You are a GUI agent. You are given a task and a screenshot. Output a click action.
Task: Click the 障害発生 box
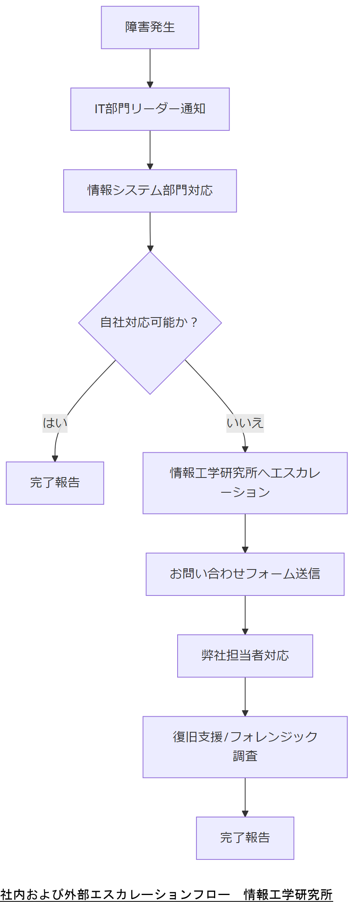click(150, 28)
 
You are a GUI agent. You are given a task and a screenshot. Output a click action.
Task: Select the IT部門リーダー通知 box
click(150, 109)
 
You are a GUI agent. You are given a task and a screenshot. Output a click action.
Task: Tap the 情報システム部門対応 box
click(150, 191)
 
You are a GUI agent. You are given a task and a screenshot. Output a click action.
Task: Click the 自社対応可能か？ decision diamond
click(150, 322)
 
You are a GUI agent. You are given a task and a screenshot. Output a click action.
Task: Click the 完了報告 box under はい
click(55, 483)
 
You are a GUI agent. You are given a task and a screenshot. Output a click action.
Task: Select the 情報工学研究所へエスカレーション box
click(245, 483)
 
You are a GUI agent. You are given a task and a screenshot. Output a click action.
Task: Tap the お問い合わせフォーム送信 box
click(245, 574)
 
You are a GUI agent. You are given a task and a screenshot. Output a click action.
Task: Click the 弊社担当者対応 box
click(245, 656)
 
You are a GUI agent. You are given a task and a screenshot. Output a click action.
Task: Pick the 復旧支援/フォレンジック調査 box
click(245, 747)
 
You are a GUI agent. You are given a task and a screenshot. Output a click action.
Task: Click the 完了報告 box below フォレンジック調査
click(245, 838)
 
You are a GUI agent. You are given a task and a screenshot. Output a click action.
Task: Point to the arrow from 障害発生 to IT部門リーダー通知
click(150, 68)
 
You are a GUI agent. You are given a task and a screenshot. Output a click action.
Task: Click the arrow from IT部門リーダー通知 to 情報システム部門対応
click(150, 150)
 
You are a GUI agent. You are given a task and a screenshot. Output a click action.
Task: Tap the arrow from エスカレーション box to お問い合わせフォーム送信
click(245, 533)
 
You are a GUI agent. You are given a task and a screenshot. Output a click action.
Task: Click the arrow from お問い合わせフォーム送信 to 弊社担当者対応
click(245, 615)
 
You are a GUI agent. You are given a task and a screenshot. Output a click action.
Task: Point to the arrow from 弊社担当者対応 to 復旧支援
click(245, 696)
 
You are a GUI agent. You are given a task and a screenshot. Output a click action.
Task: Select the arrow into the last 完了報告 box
click(245, 797)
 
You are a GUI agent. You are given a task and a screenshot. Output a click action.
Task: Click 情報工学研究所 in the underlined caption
click(288, 894)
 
